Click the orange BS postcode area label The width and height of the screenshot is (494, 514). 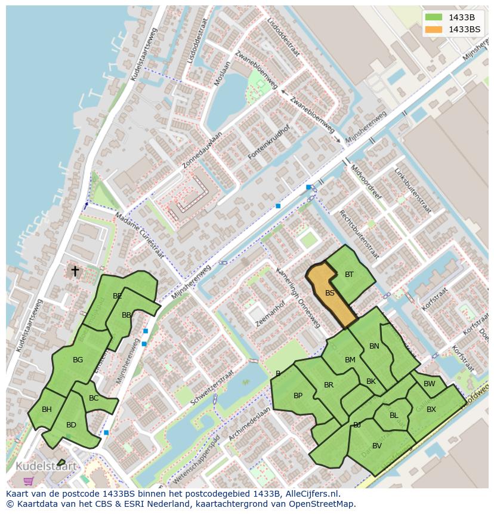click(x=329, y=293)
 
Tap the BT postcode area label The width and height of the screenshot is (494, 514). click(x=349, y=275)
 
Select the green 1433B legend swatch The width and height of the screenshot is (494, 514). click(x=434, y=17)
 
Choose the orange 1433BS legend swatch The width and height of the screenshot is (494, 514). click(x=434, y=29)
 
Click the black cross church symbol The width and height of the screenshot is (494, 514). click(x=75, y=271)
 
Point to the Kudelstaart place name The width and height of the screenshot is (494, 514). click(x=47, y=466)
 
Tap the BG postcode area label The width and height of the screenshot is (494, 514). click(x=78, y=360)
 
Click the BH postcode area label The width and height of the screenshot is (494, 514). click(x=47, y=409)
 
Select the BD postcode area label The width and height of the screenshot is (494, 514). click(x=71, y=425)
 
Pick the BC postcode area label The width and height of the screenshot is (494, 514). click(x=94, y=398)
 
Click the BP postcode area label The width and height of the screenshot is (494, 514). click(x=298, y=395)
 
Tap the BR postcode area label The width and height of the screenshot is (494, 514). click(x=329, y=385)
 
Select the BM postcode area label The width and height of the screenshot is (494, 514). click(x=350, y=359)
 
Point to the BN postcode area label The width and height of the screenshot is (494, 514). click(x=374, y=346)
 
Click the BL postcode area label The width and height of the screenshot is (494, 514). click(x=394, y=415)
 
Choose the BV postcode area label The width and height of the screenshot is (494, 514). click(x=376, y=445)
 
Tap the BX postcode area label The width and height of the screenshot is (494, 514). click(x=431, y=410)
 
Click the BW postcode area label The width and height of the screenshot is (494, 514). click(x=430, y=384)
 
